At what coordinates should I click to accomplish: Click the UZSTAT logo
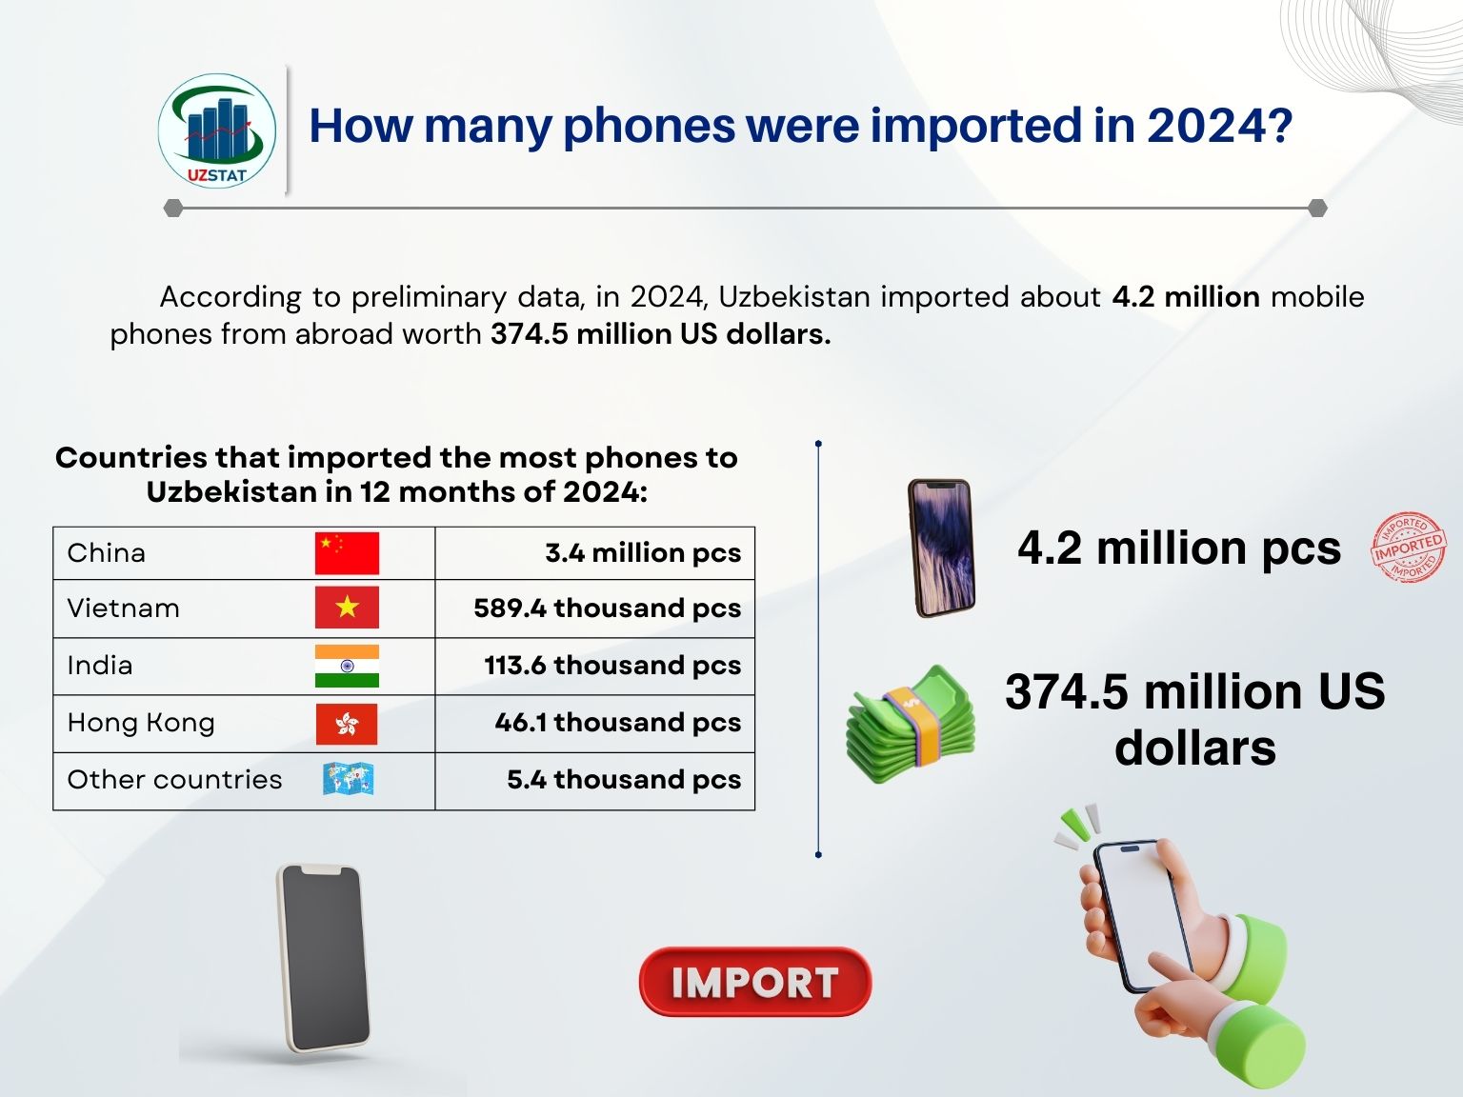(216, 131)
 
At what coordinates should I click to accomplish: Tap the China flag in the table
(347, 553)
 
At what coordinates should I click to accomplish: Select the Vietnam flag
(347, 608)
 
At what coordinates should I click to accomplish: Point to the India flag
(347, 666)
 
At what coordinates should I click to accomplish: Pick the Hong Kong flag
(347, 724)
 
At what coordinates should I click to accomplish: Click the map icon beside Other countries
(348, 779)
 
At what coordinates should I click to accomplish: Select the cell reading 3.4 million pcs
(595, 553)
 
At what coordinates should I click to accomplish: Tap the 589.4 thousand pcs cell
(595, 608)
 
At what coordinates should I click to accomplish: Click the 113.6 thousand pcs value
(612, 666)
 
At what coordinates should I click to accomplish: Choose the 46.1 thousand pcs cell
(595, 724)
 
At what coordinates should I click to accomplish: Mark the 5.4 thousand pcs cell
(595, 781)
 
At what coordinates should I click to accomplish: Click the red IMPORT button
(755, 982)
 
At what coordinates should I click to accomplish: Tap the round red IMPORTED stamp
(1408, 548)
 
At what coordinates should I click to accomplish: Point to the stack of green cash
(911, 724)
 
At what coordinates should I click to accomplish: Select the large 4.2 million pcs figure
(1179, 548)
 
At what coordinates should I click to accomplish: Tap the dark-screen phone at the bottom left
(324, 959)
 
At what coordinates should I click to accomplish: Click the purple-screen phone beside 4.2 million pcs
(941, 548)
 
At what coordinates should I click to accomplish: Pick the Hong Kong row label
(141, 723)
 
